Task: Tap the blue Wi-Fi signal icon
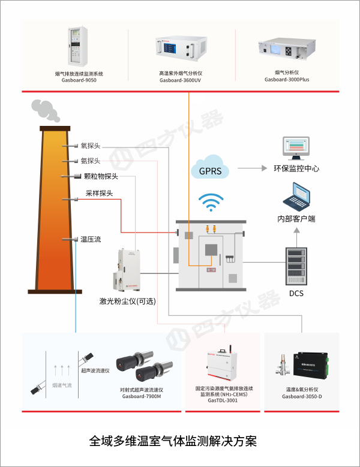[x=210, y=204]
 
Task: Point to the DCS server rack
[x=296, y=265]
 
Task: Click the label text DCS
[x=296, y=293]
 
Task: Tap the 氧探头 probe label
[x=91, y=146]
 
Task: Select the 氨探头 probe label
[x=91, y=161]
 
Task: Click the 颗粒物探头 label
[x=101, y=176]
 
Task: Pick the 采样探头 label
[x=99, y=193]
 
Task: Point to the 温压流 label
[x=91, y=239]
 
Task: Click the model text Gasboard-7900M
[x=142, y=396]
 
